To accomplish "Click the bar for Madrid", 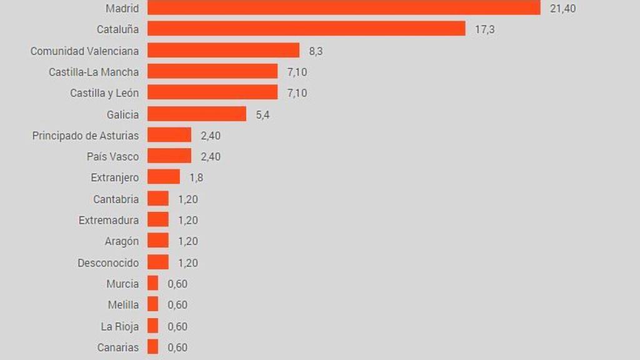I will coord(344,7).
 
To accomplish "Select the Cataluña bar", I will coord(306,29).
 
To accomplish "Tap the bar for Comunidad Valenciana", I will coord(224,51).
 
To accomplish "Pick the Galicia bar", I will coord(197,114).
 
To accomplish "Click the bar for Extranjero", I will coord(164,177).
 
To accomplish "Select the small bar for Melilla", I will coord(153,304).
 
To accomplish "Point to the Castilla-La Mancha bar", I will coord(212,71).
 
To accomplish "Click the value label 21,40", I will coord(563,8).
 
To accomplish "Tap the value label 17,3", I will coord(485,29).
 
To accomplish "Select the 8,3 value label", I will coord(316,51).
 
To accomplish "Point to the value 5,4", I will coord(262,114).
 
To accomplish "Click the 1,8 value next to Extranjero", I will coord(196,177).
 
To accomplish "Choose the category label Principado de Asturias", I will coord(86,135).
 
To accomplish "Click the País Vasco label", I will coord(112,156).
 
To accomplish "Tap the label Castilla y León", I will coord(104,92).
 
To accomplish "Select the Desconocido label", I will coord(108,262).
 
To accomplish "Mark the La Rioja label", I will coord(120,326).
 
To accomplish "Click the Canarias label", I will coord(118,347).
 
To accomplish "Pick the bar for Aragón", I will coord(158,241).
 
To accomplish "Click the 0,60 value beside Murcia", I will coord(177,284).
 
